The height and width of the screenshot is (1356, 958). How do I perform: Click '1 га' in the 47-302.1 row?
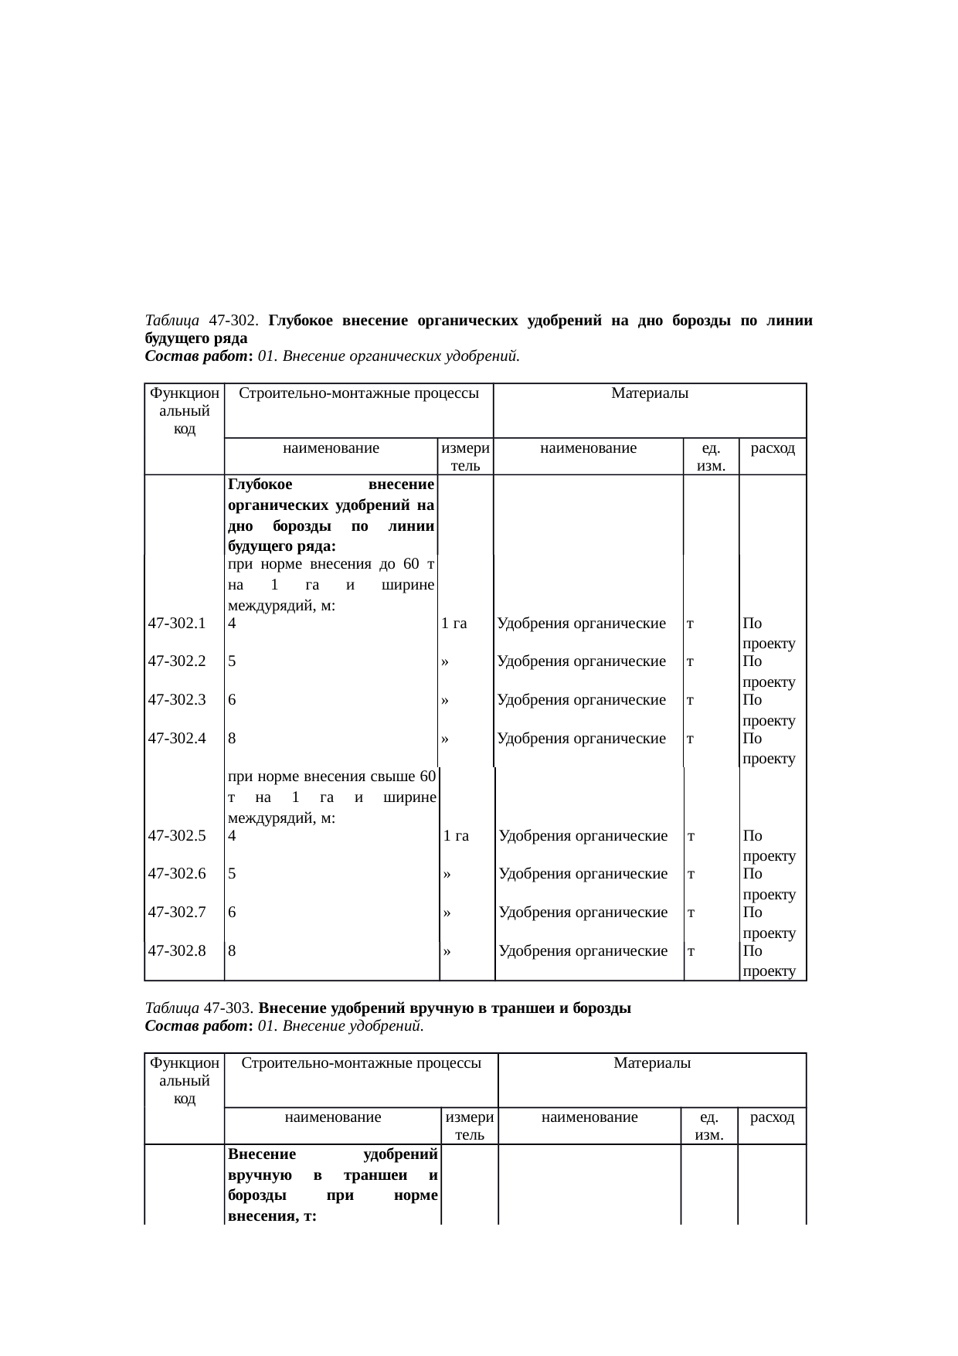tap(454, 624)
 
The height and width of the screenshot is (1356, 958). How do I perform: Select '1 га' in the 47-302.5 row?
tap(456, 835)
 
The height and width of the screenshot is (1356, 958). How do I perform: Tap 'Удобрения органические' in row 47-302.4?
tap(582, 738)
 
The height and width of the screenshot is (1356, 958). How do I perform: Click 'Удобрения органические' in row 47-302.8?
tap(583, 950)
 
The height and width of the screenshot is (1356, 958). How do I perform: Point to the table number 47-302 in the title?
tap(232, 320)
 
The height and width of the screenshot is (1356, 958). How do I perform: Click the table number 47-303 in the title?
tap(229, 1009)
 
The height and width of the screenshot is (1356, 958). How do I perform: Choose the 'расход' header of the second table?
tap(773, 1117)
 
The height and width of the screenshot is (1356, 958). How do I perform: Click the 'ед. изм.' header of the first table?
tap(711, 457)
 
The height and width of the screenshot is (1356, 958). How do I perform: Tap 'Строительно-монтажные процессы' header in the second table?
tap(362, 1063)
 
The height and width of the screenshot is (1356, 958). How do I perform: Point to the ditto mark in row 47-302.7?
tap(447, 912)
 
